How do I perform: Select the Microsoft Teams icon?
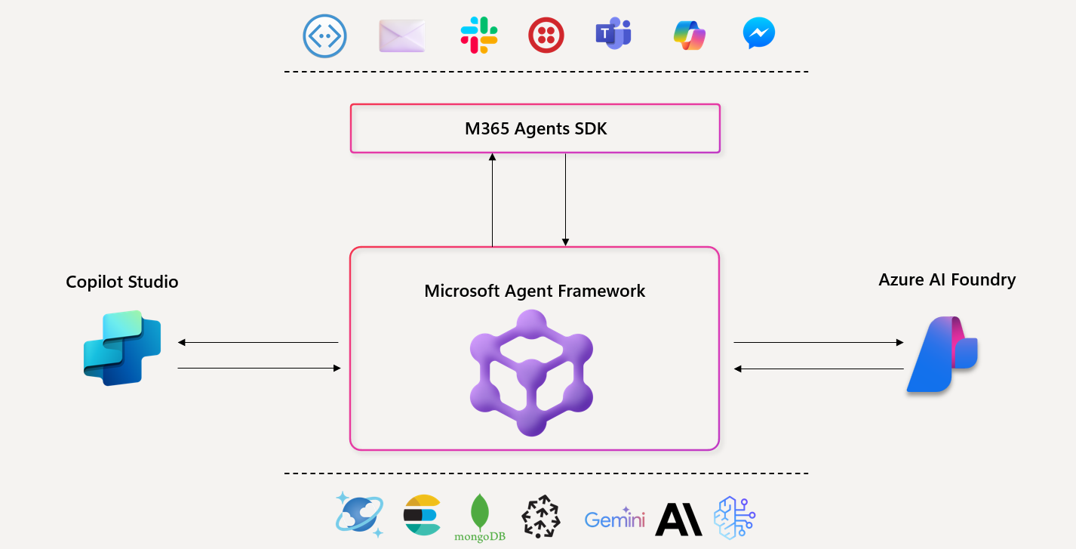(613, 35)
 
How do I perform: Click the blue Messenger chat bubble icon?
(758, 35)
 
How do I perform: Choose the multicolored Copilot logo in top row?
(689, 35)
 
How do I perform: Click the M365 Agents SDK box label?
(535, 128)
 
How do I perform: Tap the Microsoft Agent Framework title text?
(534, 291)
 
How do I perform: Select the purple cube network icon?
(531, 373)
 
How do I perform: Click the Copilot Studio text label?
(122, 282)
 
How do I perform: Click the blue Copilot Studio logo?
(122, 348)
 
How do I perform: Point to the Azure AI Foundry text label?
(947, 279)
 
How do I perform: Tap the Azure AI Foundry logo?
(942, 354)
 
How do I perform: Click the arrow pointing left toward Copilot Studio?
(257, 343)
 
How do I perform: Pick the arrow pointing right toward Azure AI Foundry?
(818, 343)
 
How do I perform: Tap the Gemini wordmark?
(614, 520)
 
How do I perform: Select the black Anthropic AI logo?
(678, 520)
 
